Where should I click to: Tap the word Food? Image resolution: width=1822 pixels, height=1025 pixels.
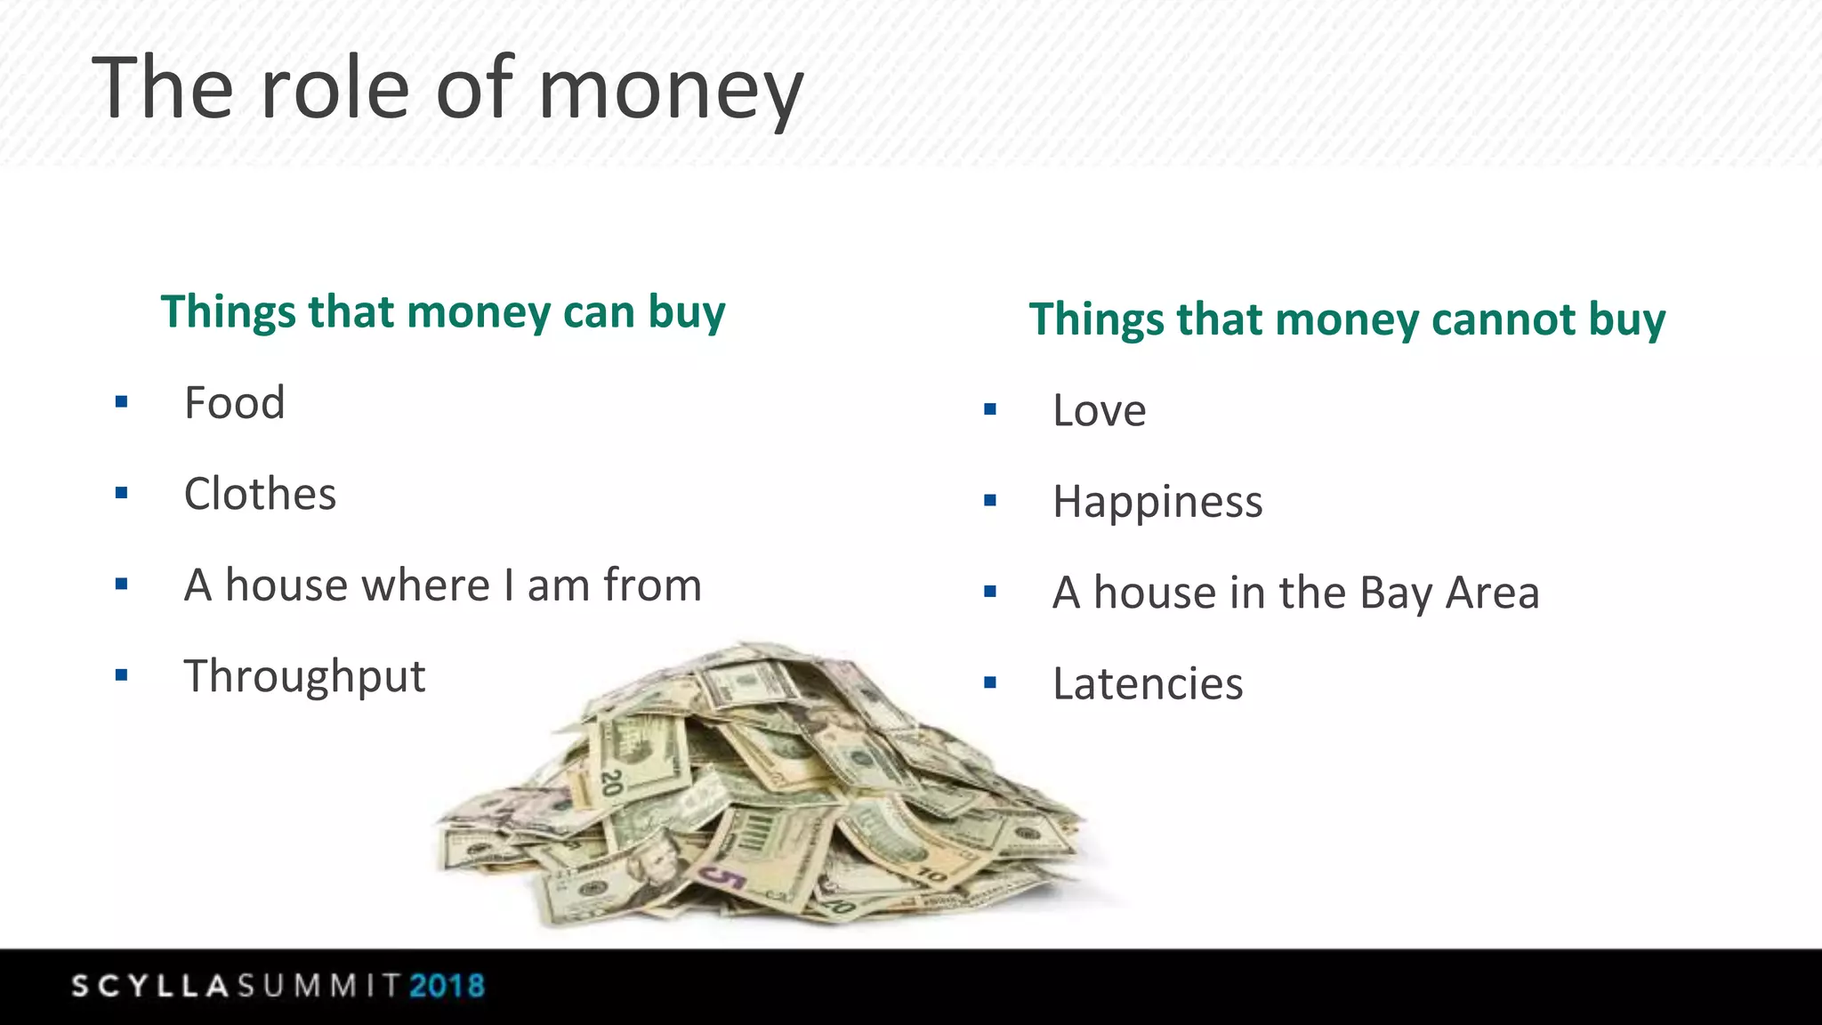point(234,403)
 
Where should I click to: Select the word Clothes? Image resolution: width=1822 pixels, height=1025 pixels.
point(260,494)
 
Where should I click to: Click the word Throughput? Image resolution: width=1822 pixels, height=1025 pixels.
point(304,677)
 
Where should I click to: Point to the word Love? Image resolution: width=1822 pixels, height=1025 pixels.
point(1099,411)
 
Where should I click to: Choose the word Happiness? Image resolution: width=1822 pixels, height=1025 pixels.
point(1157,502)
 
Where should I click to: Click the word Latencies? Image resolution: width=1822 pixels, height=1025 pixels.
point(1147,684)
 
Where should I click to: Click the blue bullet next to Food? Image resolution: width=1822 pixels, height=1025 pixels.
point(122,403)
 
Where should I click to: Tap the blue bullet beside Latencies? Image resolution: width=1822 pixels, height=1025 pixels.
point(990,683)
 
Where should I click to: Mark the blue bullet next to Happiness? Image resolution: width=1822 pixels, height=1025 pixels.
point(990,501)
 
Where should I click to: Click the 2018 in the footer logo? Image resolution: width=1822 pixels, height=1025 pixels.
point(447,986)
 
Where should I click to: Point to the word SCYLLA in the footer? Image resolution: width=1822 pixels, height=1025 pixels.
point(150,986)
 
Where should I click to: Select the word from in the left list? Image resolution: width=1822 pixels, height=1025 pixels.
point(652,586)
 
